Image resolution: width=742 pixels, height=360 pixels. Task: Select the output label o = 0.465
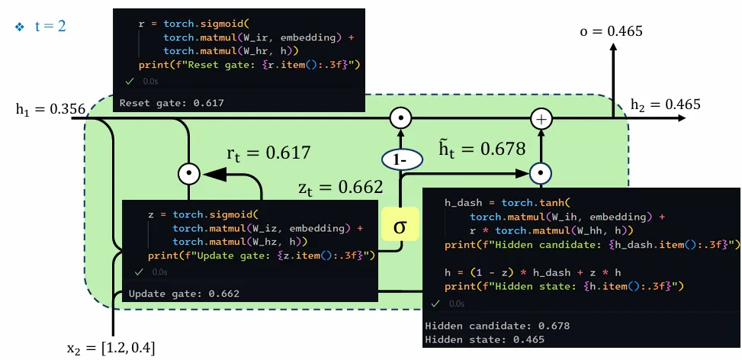pos(611,31)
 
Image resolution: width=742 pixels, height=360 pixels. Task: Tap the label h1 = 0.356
pos(50,109)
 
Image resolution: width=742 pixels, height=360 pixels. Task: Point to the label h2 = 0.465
pos(665,105)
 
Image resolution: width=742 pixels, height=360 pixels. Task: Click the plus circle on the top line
pos(541,119)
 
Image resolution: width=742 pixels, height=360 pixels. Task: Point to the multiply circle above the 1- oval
pos(400,119)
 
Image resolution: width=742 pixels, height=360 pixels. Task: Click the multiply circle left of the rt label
pos(188,174)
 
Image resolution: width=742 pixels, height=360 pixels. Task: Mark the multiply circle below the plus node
pos(541,173)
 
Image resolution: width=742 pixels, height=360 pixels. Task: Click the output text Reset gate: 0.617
pos(172,102)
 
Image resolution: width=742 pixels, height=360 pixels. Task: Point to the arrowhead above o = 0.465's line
pos(612,47)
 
